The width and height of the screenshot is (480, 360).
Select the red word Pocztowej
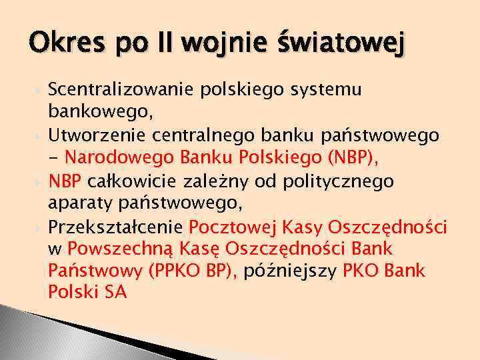(233, 227)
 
